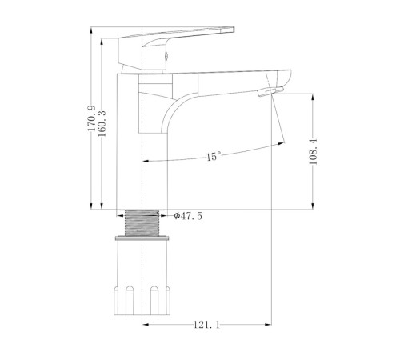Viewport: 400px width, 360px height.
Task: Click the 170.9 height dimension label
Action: tap(91, 118)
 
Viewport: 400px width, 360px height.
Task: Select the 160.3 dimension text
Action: tap(102, 123)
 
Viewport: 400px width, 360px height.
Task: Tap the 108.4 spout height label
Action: tap(313, 151)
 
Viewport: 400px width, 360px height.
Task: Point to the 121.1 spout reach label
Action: tap(206, 325)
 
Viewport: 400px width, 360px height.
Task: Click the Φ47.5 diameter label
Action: tap(188, 216)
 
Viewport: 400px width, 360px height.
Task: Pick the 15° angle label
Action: tap(214, 156)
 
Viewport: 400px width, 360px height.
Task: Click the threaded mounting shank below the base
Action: tap(142, 223)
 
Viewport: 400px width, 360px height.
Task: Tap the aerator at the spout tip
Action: tap(270, 91)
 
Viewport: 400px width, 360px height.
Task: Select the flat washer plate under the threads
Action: tap(142, 238)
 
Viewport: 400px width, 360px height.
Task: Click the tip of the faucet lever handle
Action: tap(233, 29)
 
